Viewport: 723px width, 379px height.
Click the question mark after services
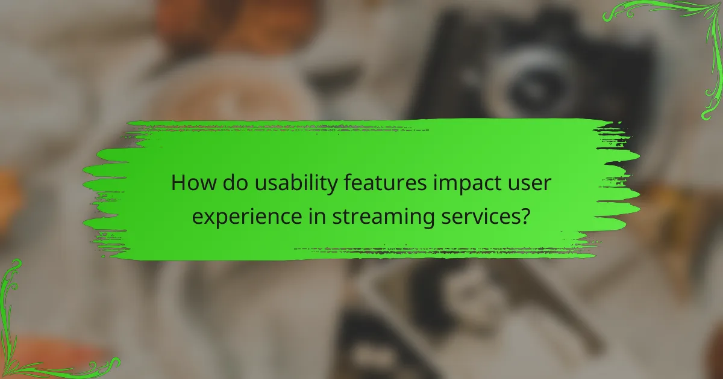click(x=525, y=216)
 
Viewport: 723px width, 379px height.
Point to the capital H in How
click(x=178, y=183)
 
